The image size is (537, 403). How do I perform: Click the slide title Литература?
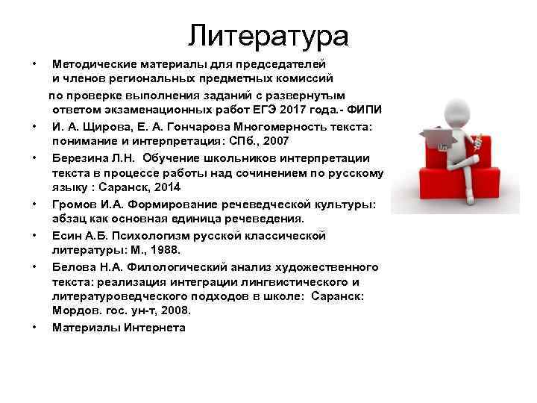pyautogui.click(x=268, y=34)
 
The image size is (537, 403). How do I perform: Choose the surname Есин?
pyautogui.click(x=66, y=236)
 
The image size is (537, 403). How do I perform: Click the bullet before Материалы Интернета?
pyautogui.click(x=35, y=327)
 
